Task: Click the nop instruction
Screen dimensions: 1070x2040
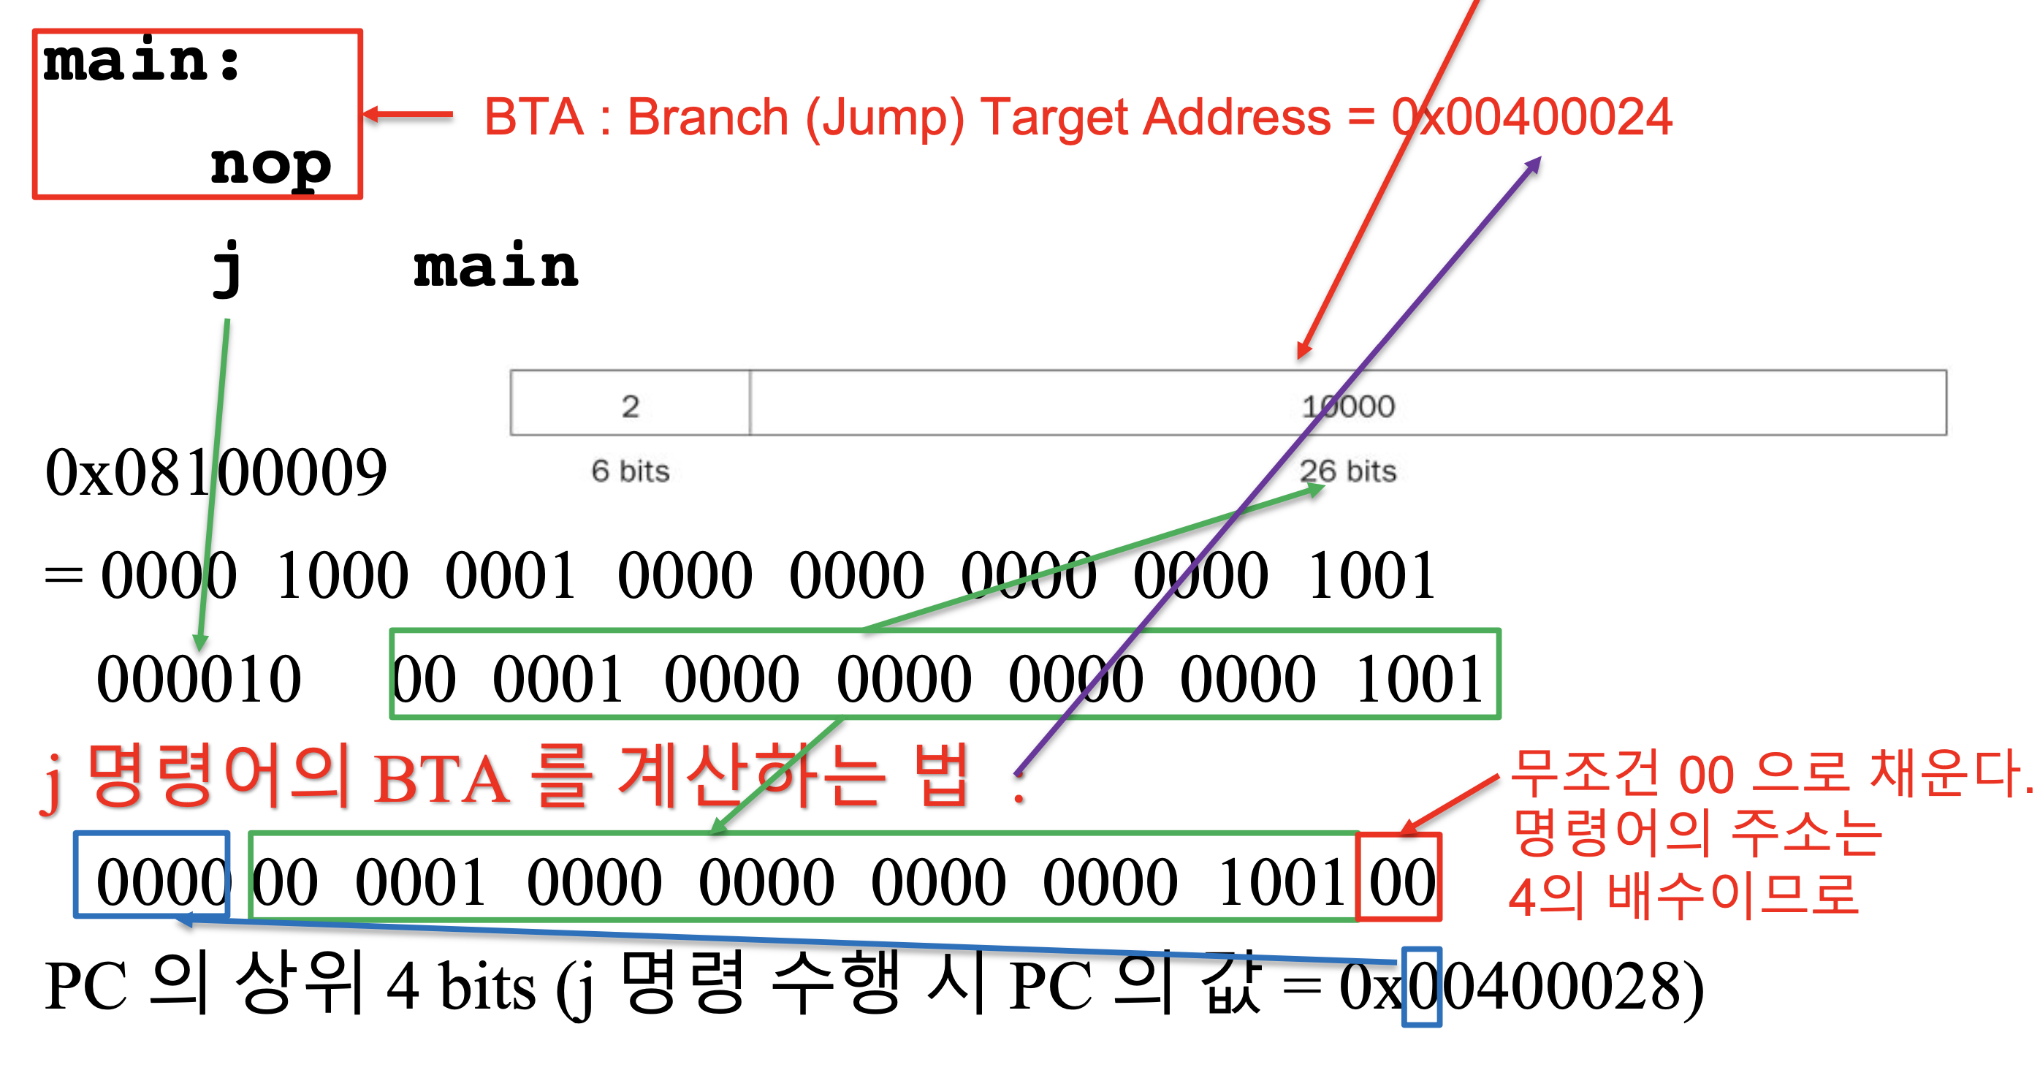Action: click(x=270, y=164)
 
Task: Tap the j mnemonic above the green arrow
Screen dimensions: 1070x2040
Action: click(x=228, y=267)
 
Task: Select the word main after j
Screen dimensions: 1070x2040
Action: click(x=495, y=267)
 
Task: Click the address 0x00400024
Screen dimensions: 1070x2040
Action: click(x=1531, y=117)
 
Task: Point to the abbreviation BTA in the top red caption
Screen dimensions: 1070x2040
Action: click(x=534, y=117)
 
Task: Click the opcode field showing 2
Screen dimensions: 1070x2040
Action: click(x=630, y=406)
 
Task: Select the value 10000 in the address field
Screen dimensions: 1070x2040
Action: click(x=1348, y=406)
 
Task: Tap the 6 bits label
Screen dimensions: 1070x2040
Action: click(x=631, y=471)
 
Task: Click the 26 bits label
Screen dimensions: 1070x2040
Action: click(x=1348, y=471)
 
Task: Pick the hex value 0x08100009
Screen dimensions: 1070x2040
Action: click(x=216, y=473)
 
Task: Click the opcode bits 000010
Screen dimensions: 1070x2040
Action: click(x=199, y=679)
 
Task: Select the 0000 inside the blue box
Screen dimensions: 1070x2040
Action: click(x=161, y=881)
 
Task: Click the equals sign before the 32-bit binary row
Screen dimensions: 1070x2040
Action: click(x=64, y=577)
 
